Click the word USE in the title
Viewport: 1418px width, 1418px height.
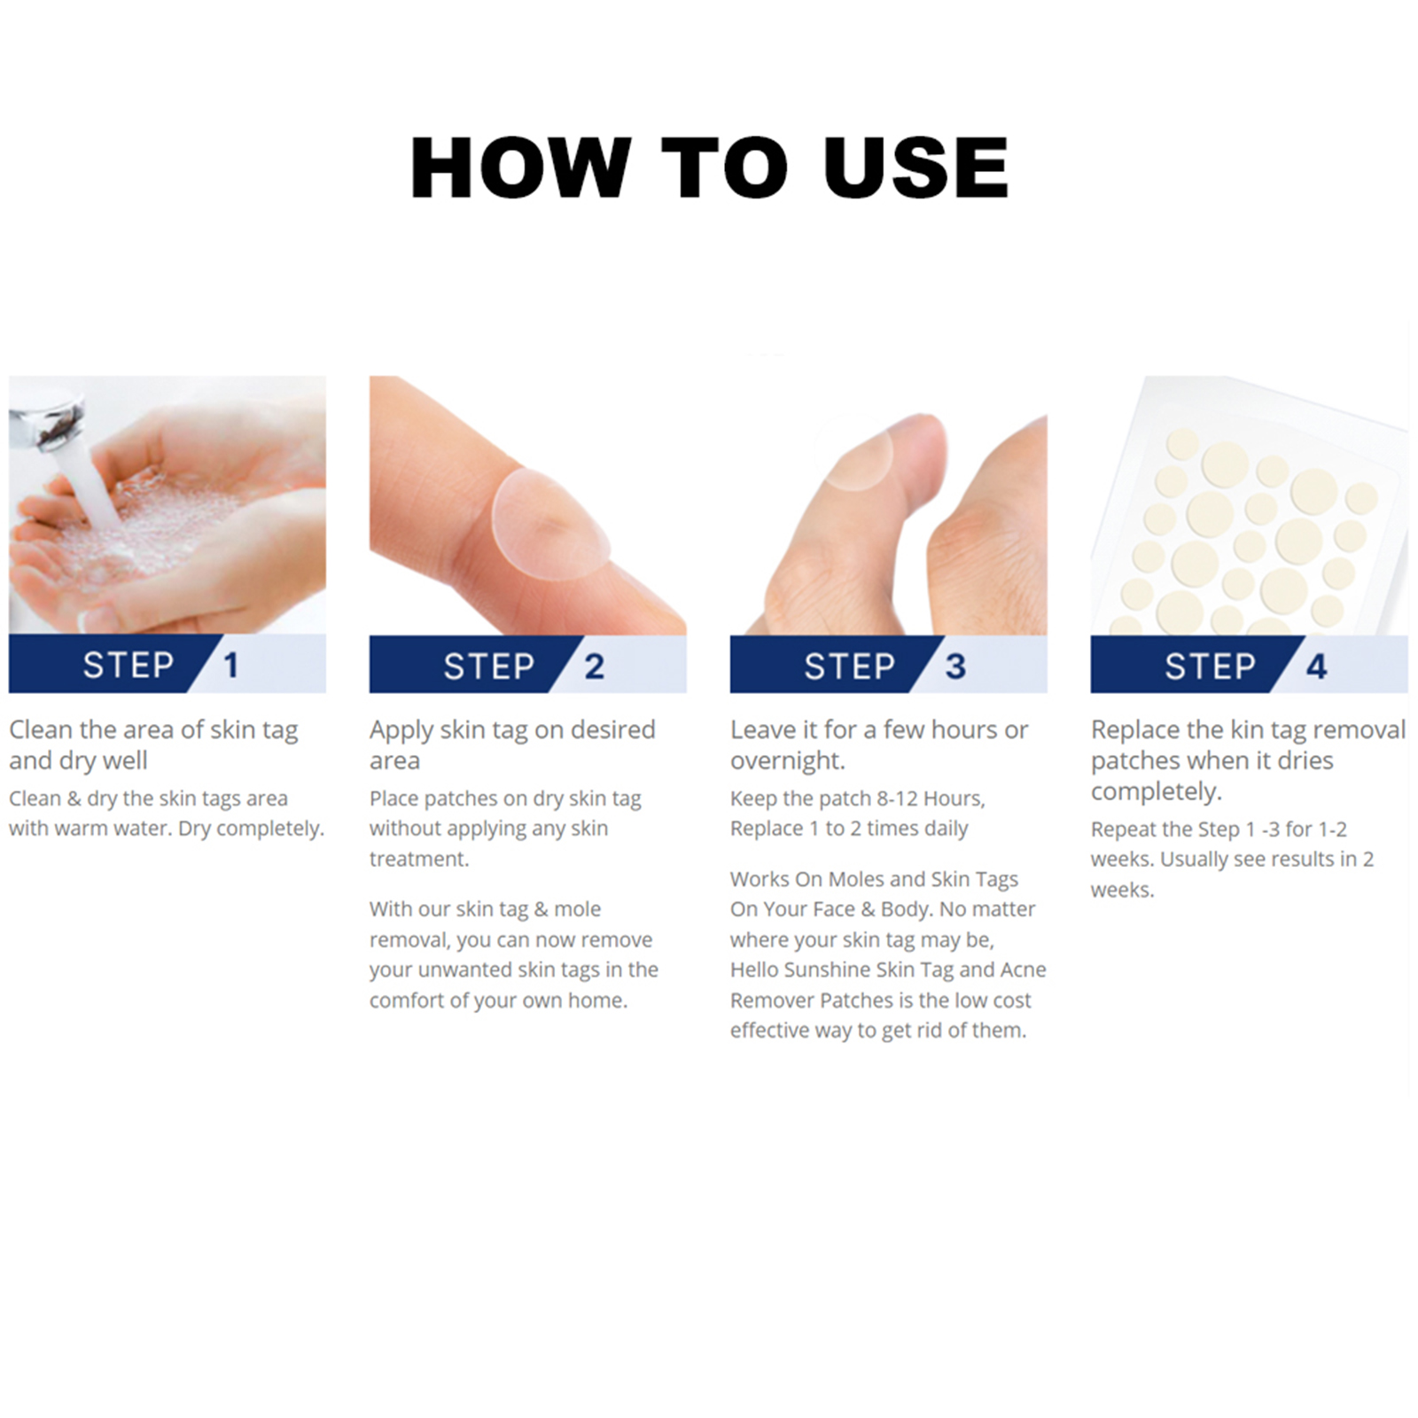pos(916,168)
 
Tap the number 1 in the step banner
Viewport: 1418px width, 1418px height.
pos(231,665)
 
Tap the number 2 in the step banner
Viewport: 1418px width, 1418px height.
pos(594,666)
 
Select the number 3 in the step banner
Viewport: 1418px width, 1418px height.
pos(955,666)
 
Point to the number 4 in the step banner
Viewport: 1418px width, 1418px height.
pos(1317,666)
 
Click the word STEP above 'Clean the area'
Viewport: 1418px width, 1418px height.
pos(129,665)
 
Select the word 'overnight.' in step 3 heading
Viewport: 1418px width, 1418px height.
pos(788,761)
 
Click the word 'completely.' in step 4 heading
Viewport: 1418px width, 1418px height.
pos(1157,791)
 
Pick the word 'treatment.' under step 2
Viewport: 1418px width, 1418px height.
pos(419,859)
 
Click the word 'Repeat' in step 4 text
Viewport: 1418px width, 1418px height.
pos(1121,830)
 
